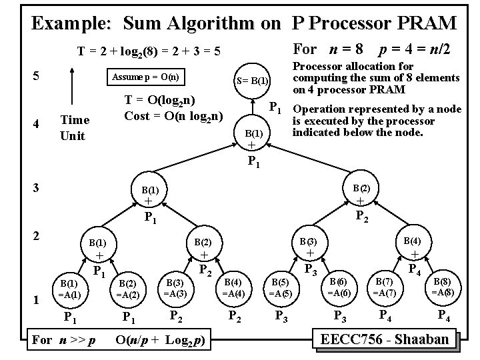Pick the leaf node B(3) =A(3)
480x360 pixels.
click(x=175, y=287)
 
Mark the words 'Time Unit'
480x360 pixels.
click(x=75, y=127)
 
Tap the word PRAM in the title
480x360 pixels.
click(x=422, y=24)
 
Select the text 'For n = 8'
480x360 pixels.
click(x=327, y=49)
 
